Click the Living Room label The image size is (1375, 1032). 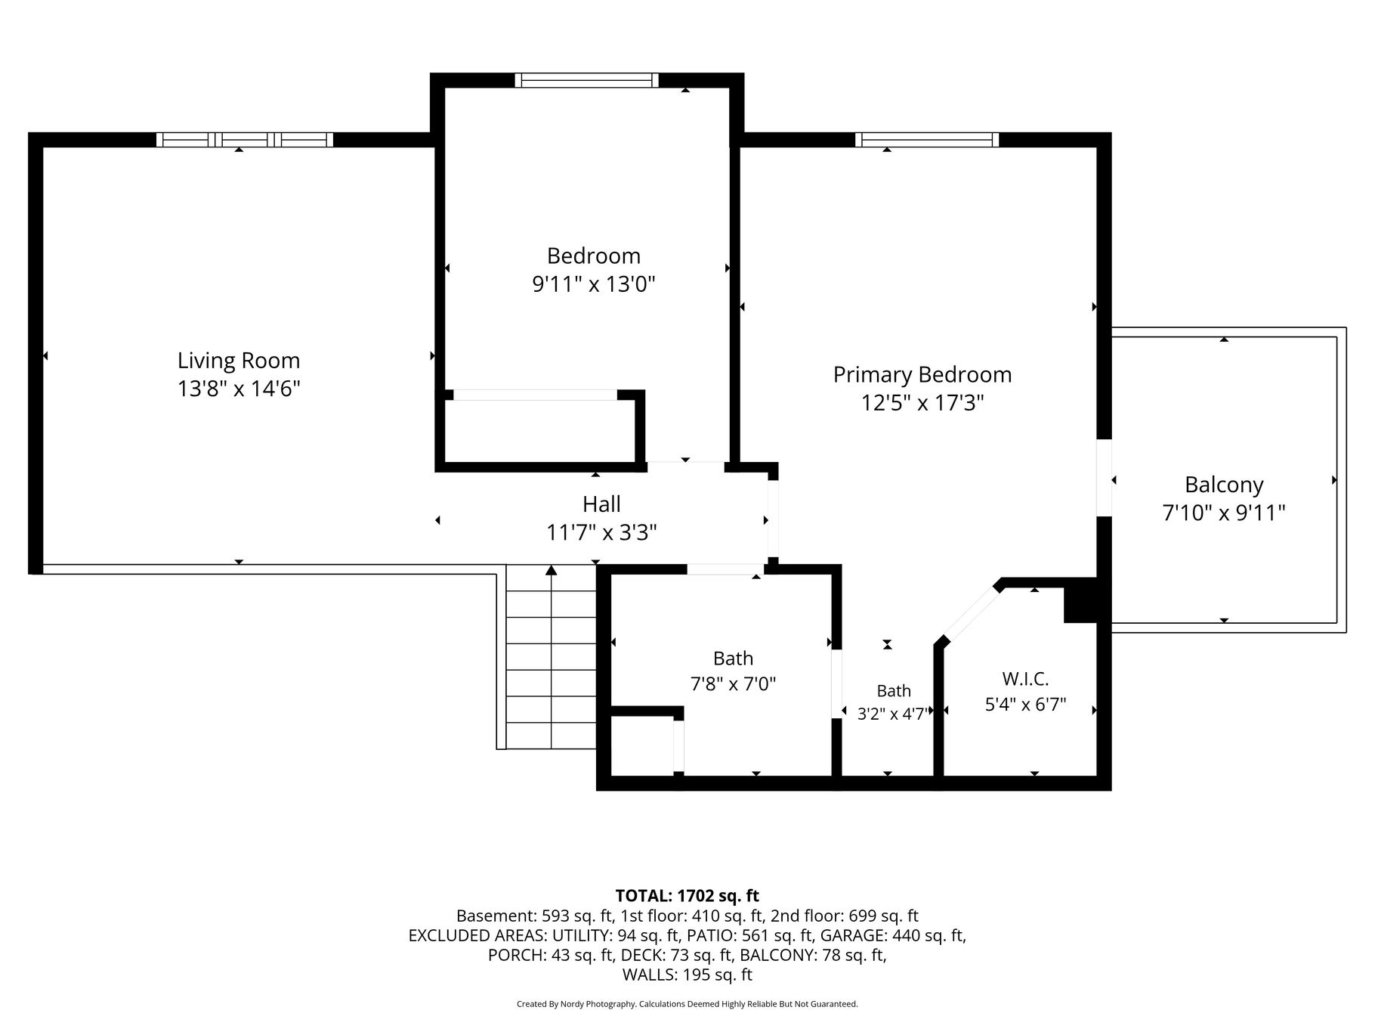[x=239, y=361]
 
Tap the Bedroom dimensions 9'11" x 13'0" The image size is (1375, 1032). [x=594, y=284]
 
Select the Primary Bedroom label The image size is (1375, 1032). [x=922, y=375]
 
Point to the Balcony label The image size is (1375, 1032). [x=1224, y=485]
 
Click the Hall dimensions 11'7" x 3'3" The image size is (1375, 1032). [x=601, y=533]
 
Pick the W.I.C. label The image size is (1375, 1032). [x=1025, y=678]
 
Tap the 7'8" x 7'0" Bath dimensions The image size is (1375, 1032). [x=734, y=684]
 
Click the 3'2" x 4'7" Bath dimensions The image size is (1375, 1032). [x=892, y=714]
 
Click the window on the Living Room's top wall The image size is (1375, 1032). [x=245, y=139]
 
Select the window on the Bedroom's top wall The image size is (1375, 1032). [x=587, y=80]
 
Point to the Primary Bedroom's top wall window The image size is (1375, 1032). [x=927, y=139]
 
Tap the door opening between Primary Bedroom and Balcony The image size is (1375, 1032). [x=1104, y=478]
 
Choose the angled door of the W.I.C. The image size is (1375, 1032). [x=972, y=612]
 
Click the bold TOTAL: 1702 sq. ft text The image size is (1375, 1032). [x=687, y=896]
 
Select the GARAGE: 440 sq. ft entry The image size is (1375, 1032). [x=893, y=935]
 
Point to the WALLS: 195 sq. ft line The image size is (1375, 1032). [x=687, y=975]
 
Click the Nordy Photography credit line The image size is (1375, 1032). [x=687, y=1004]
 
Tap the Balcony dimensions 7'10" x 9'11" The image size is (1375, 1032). [x=1224, y=513]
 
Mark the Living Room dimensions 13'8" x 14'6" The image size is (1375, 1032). [x=239, y=389]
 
